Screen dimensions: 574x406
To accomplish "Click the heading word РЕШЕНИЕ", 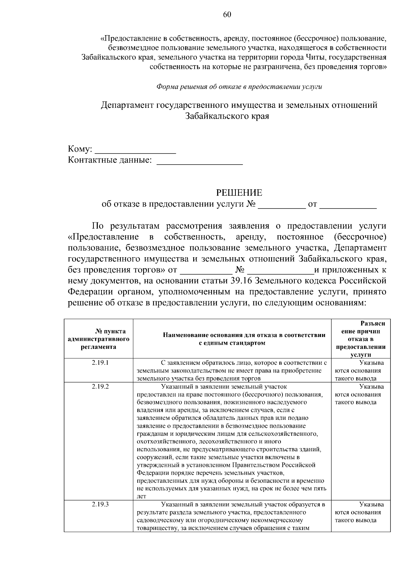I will click(239, 193).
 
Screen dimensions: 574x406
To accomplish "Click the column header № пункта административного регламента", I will click(98, 339).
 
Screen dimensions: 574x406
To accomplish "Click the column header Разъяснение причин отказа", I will click(361, 339).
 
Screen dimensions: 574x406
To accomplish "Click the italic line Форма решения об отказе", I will click(239, 87).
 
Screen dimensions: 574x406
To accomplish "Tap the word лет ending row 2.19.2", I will click(141, 497).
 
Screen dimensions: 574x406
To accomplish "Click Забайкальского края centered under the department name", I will click(227, 116).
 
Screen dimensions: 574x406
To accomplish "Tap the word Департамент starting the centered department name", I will click(127, 105).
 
